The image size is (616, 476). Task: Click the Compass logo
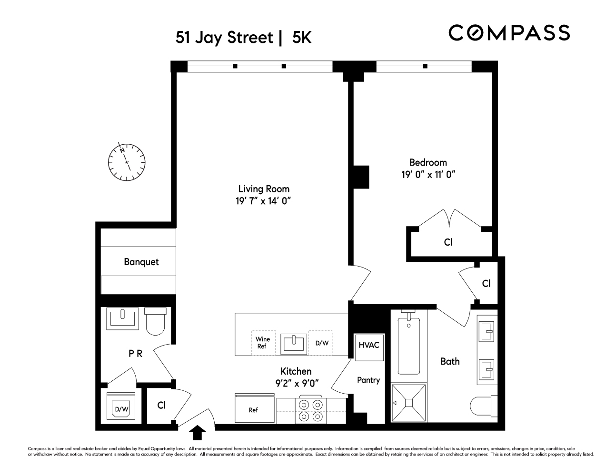(509, 33)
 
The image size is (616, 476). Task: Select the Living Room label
(264, 188)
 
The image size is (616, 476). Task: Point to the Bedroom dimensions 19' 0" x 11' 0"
(428, 175)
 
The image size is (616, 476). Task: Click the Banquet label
(141, 262)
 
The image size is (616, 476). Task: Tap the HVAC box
(369, 345)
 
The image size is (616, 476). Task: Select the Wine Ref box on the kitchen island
(263, 342)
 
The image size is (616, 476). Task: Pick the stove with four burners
(311, 410)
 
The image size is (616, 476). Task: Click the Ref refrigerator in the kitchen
(254, 409)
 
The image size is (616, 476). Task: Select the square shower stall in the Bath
(409, 403)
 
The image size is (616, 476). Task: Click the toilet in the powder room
(156, 321)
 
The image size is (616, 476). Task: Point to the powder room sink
(123, 318)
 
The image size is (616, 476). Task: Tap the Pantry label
(368, 380)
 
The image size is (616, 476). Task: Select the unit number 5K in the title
(302, 38)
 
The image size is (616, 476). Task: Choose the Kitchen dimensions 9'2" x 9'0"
(296, 382)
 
